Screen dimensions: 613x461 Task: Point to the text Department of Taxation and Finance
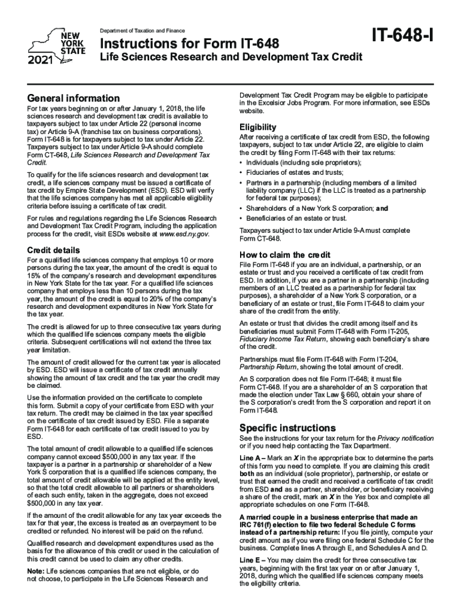coord(142,31)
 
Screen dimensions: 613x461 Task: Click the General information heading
coord(73,98)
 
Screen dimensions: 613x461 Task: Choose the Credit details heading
coord(53,250)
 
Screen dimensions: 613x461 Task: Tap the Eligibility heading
coord(257,127)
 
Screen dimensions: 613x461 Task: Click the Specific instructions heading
coord(279,428)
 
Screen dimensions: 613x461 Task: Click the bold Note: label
coord(35,570)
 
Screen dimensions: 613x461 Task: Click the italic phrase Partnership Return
coord(268,366)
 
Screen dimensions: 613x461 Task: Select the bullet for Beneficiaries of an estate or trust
coord(241,219)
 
